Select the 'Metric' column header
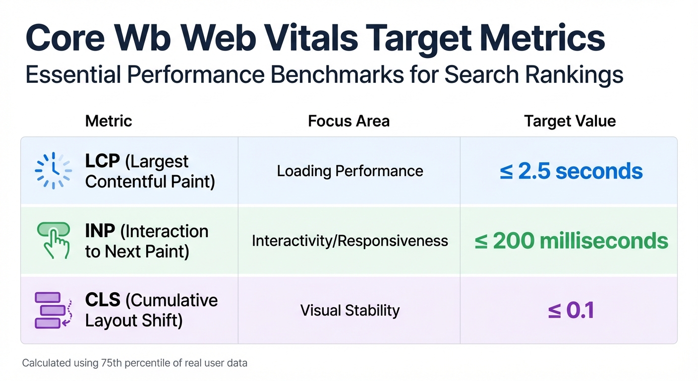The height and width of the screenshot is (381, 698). (x=109, y=121)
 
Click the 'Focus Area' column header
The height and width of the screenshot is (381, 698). (x=349, y=121)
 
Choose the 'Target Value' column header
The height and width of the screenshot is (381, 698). (x=570, y=121)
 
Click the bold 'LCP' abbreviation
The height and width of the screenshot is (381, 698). (x=102, y=162)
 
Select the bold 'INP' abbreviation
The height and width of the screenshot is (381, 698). (x=101, y=231)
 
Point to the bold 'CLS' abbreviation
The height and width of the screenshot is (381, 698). (x=103, y=301)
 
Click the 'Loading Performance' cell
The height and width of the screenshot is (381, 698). (x=350, y=172)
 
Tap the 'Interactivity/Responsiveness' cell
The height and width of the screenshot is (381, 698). (x=350, y=241)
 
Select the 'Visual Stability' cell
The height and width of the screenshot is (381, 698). (x=350, y=311)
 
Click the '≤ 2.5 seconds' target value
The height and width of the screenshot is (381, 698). (x=571, y=171)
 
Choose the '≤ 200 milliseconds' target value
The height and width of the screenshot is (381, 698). (x=571, y=241)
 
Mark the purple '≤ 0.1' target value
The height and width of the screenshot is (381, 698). (x=571, y=311)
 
